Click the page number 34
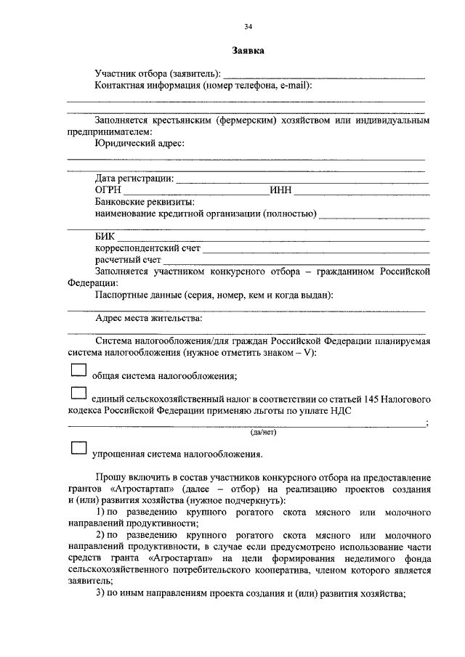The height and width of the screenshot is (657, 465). [x=248, y=26]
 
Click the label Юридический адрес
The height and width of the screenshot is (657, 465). [x=140, y=144]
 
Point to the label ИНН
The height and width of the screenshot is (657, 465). [x=280, y=190]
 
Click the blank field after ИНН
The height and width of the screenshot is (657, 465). [x=360, y=191]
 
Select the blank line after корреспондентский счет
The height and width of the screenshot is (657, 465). [x=315, y=249]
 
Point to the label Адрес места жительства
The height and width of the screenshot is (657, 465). [x=149, y=318]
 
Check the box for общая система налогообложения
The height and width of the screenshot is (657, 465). [x=78, y=371]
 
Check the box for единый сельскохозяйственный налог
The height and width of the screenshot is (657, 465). [x=78, y=395]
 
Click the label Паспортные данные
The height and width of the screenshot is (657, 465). [x=139, y=295]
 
